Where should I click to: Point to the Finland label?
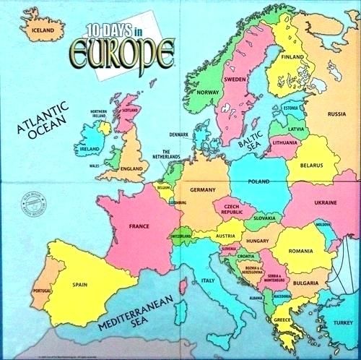click(292, 56)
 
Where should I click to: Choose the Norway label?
click(207, 93)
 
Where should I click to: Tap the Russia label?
click(336, 113)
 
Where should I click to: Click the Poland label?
click(258, 181)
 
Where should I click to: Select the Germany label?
click(203, 189)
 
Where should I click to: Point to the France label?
click(138, 226)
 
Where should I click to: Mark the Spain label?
click(80, 284)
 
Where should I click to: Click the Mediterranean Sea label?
click(123, 319)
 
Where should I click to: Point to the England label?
click(131, 168)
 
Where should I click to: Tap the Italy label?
click(208, 280)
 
